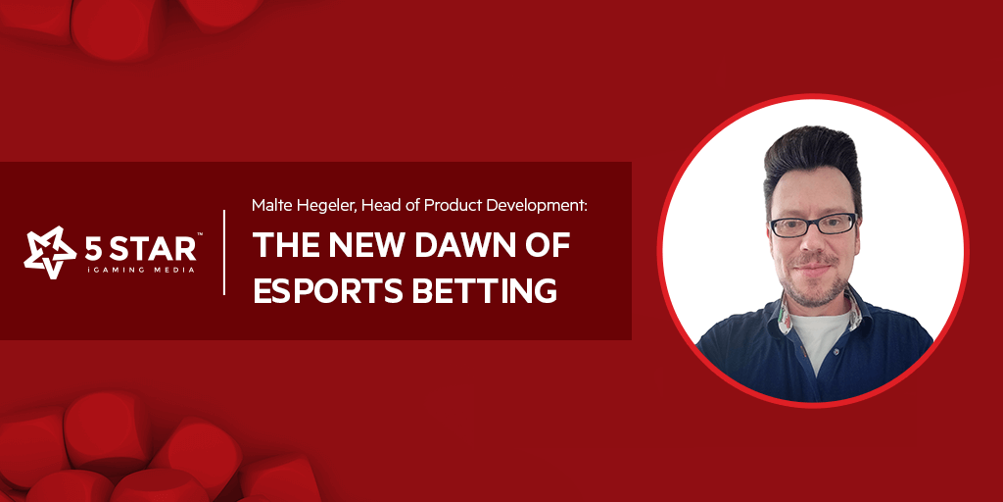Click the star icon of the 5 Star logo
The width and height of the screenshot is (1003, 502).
[x=50, y=252]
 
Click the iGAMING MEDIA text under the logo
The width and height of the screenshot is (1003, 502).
[x=140, y=271]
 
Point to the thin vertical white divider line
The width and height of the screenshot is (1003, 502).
[x=224, y=252]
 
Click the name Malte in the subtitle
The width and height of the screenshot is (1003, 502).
[x=268, y=205]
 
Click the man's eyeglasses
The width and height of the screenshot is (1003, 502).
[x=812, y=225]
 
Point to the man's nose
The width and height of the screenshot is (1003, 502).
[x=811, y=242]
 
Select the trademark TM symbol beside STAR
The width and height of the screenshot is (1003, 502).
[x=200, y=235]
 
